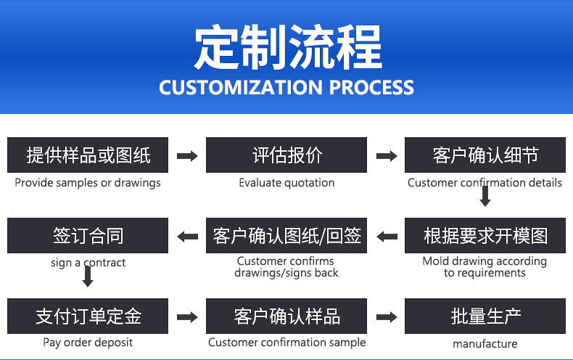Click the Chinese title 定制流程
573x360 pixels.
tap(288, 47)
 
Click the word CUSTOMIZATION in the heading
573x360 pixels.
tap(241, 88)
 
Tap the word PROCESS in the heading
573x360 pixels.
tap(371, 88)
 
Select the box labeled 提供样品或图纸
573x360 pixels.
tap(88, 155)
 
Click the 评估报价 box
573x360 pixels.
tap(286, 155)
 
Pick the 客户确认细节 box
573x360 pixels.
tap(485, 155)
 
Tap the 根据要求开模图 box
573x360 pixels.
tap(485, 235)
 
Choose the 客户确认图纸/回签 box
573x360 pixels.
tap(286, 235)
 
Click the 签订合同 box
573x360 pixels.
tap(88, 235)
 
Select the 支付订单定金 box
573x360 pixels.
tap(88, 316)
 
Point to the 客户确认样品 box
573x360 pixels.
tap(286, 316)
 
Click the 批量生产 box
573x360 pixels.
tap(485, 316)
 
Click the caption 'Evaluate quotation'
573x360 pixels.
tap(286, 183)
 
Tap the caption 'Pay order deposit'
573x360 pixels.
tap(88, 343)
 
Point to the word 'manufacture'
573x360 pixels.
tap(485, 344)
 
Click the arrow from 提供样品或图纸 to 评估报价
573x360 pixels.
tap(187, 156)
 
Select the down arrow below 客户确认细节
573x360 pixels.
tap(485, 196)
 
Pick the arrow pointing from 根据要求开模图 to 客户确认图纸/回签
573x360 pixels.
tap(387, 237)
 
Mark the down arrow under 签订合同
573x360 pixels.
tap(88, 277)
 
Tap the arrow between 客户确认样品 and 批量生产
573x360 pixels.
tap(387, 317)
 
